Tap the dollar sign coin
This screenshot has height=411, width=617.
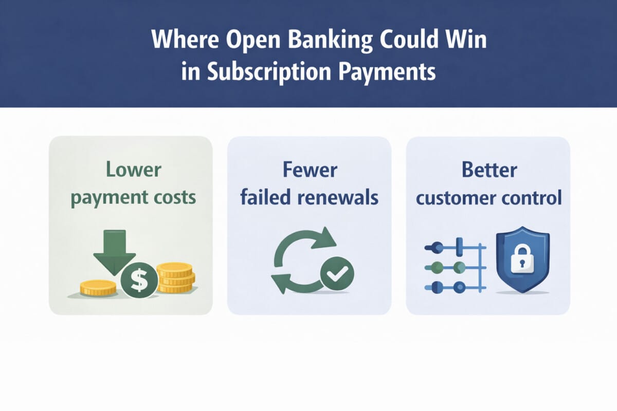click(139, 281)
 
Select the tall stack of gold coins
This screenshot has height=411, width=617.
click(175, 277)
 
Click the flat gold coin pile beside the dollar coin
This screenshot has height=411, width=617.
click(98, 288)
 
